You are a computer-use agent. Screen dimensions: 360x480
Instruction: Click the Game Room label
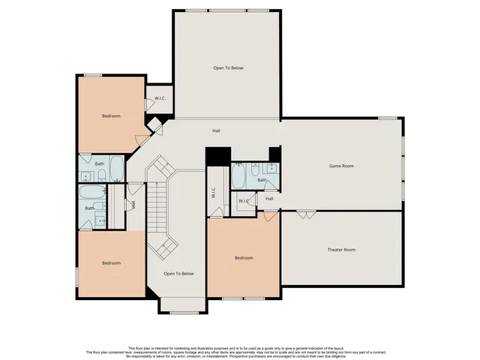341,166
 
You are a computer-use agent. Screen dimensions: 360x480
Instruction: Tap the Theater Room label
341,249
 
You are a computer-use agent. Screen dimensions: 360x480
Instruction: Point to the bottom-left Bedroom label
111,262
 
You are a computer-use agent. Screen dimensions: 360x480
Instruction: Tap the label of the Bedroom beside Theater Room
244,258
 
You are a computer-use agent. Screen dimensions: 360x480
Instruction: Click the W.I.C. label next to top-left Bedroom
160,98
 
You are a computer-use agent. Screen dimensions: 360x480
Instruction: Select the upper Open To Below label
228,68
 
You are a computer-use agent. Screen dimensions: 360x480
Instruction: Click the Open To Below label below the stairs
179,274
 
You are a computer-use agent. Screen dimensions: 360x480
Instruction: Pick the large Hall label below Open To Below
216,130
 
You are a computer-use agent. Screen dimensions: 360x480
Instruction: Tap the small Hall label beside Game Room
269,199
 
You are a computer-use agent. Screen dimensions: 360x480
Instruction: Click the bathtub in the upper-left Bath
118,169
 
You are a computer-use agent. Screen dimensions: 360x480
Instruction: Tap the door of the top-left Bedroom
140,139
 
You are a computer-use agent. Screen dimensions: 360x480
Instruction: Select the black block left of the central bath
217,156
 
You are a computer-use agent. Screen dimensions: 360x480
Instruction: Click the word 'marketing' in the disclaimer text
199,347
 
